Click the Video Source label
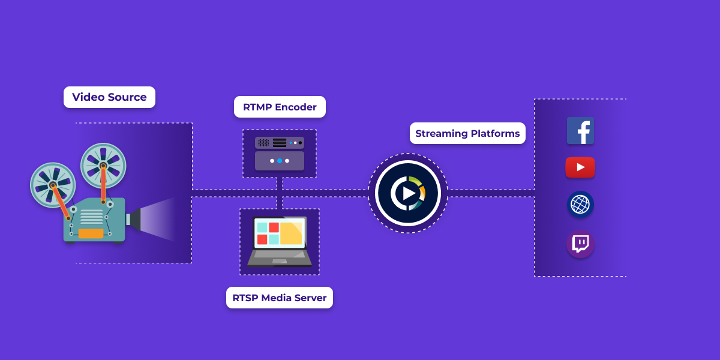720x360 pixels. click(109, 97)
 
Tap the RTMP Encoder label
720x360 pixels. click(280, 107)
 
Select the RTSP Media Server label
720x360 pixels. click(280, 298)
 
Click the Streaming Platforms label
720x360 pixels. click(467, 133)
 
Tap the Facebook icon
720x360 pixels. click(580, 131)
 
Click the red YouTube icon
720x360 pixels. click(580, 167)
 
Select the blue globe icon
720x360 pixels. click(580, 205)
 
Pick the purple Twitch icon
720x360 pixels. click(580, 244)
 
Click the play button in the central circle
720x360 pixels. click(409, 193)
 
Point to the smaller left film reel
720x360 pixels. click(53, 185)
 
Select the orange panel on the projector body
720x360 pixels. click(91, 233)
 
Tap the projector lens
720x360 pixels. click(133, 219)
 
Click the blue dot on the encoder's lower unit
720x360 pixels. click(280, 161)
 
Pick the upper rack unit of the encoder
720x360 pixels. click(280, 143)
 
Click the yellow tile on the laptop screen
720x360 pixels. click(291, 233)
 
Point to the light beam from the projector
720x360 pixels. click(158, 219)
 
